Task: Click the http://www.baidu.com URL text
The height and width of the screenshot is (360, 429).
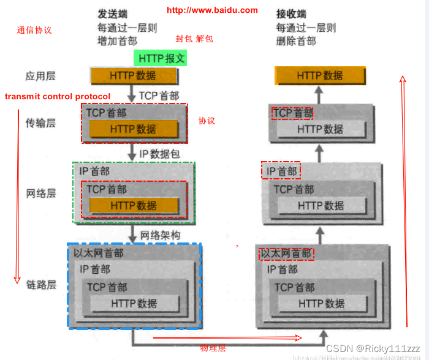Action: click(212, 10)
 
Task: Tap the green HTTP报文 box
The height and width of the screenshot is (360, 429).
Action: click(160, 58)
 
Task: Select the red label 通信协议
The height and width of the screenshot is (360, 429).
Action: click(34, 29)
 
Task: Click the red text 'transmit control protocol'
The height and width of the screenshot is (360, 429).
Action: click(58, 97)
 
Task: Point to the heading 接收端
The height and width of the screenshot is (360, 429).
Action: click(291, 14)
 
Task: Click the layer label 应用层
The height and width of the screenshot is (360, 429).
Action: click(40, 77)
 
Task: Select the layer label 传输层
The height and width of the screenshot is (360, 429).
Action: click(40, 123)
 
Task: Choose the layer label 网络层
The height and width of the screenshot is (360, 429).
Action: click(40, 193)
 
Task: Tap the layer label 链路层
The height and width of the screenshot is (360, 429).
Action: click(40, 285)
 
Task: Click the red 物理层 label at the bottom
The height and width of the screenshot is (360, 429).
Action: click(213, 348)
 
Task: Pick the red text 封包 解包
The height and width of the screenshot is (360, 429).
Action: click(194, 39)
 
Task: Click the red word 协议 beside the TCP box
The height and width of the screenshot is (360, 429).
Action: click(207, 121)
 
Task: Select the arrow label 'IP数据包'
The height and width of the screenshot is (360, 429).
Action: click(160, 153)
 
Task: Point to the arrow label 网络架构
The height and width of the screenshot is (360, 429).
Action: click(161, 235)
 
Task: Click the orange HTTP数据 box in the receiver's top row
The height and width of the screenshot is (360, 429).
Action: click(320, 76)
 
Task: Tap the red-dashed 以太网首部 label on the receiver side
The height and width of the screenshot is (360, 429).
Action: click(287, 253)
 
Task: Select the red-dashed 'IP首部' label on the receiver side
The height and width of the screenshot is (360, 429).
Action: click(281, 171)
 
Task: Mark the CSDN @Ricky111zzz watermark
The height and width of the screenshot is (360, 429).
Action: click(373, 348)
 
